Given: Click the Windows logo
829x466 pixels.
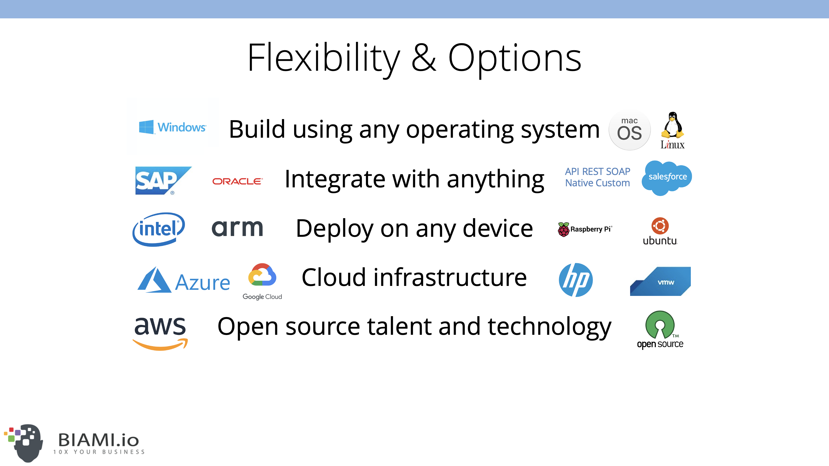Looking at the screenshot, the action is click(172, 127).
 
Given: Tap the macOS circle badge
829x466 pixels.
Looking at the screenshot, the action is click(630, 130).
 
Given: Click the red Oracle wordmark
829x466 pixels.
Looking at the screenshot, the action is click(237, 181).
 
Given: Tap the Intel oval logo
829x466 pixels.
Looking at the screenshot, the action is click(159, 229).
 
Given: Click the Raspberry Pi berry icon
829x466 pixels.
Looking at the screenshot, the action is click(563, 229).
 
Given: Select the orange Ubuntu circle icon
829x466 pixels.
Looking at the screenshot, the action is click(660, 226).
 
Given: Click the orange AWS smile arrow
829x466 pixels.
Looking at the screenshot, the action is click(160, 344).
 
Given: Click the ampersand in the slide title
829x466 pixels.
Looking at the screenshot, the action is click(424, 58).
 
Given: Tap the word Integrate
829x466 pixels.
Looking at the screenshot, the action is click(335, 180).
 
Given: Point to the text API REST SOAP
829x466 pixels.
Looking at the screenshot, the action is click(598, 171).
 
